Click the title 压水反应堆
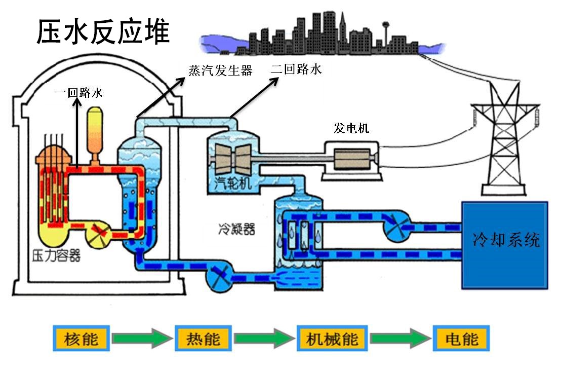tap(103, 32)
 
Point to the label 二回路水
tap(296, 69)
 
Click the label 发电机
tap(351, 128)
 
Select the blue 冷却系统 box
tap(504, 245)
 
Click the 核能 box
tap(81, 339)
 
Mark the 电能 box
tap(462, 339)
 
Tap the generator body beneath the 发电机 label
tap(351, 158)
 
